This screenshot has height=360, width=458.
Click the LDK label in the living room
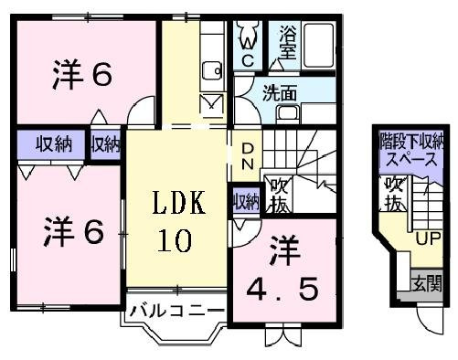coord(178,202)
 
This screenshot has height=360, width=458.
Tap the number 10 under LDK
coord(175,240)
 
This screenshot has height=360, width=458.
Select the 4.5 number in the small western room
coord(282,289)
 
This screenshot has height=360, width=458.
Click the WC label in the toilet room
coord(248,52)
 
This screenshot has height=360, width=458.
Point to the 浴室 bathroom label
coord(288,42)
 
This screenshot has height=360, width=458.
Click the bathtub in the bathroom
coord(319,46)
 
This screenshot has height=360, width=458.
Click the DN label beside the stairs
coord(248,156)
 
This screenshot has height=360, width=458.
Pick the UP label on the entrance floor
coord(429,238)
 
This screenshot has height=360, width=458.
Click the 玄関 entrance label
coord(426,284)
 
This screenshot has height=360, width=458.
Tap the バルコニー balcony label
coord(176,311)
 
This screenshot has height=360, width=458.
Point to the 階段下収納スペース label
coord(411,151)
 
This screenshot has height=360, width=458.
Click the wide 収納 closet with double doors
coord(50,144)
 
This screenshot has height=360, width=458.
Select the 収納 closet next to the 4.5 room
coord(246,201)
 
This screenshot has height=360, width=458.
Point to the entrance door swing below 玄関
coord(431,322)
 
